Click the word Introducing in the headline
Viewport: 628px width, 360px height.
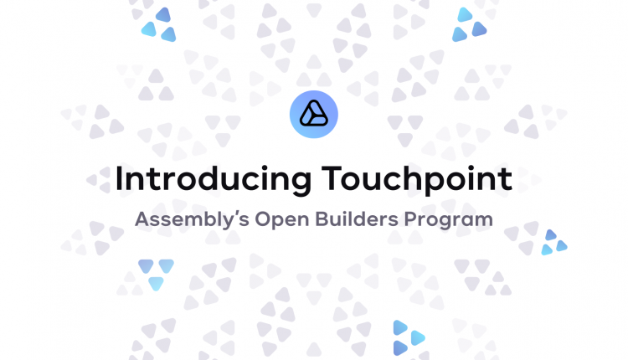point(213,180)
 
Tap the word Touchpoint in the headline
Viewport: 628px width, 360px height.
point(417,180)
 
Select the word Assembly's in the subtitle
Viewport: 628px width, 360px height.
point(192,220)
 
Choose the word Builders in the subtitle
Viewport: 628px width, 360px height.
point(357,219)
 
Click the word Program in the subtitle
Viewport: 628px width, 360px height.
point(449,220)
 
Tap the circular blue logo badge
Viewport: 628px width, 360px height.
point(314,115)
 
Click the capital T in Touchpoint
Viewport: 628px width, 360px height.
point(334,178)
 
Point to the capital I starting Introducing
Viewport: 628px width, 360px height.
point(118,178)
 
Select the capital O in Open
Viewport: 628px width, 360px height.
point(263,219)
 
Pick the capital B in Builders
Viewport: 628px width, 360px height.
point(322,219)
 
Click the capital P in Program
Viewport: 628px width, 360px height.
point(410,219)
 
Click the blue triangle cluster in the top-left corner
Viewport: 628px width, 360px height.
point(158,25)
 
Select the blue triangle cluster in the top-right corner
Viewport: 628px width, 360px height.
point(470,24)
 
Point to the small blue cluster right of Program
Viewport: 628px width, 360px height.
point(554,242)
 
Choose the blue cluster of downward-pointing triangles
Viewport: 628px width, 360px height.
point(157,275)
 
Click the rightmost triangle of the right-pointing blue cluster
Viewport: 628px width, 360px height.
point(418,338)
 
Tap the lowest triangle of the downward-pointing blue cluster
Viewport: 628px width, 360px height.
point(157,283)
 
